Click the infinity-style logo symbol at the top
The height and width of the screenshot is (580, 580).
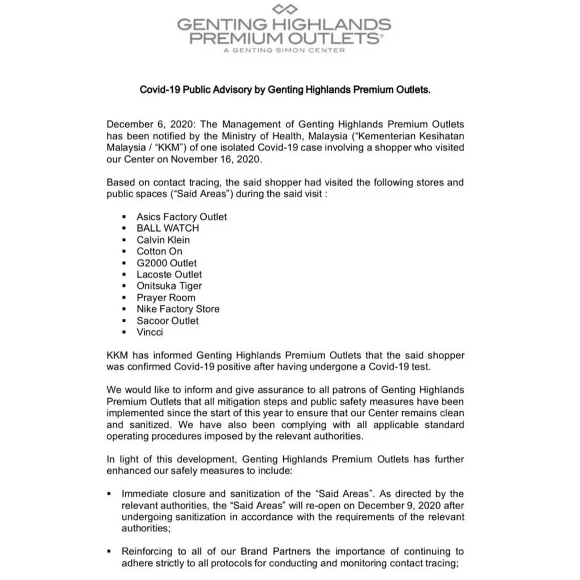pos(284,8)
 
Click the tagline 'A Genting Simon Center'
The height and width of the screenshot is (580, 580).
pos(284,50)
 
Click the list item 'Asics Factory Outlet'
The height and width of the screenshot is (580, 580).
pos(181,217)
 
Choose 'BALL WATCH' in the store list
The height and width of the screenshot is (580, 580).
pos(168,228)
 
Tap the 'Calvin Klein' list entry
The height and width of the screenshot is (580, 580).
pos(163,240)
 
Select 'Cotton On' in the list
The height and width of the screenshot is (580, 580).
pos(159,251)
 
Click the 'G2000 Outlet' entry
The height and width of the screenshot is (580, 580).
pos(167,263)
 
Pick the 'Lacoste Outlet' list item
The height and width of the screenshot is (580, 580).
pos(169,275)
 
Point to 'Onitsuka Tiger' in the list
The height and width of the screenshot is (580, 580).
pos(169,286)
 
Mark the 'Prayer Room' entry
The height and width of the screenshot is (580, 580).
pos(165,298)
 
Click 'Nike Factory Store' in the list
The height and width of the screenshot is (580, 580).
pos(178,309)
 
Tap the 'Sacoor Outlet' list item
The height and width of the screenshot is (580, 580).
pos(168,321)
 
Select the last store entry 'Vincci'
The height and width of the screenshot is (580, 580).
pos(150,332)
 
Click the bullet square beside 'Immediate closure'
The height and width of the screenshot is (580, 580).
pos(109,494)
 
